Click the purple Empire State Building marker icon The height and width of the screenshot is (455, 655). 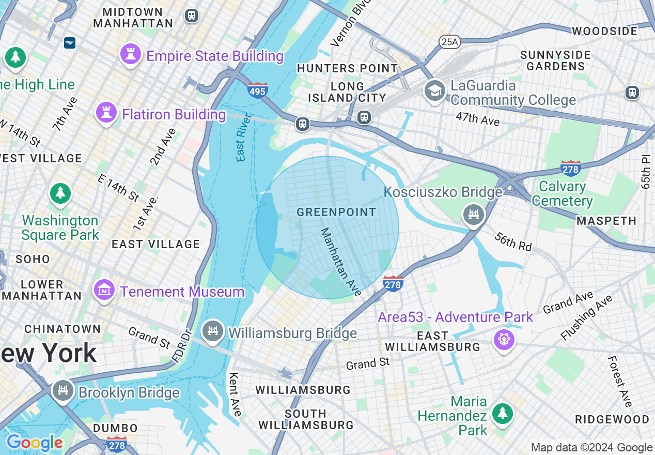pyautogui.click(x=130, y=54)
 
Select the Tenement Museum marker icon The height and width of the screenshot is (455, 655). pyautogui.click(x=104, y=290)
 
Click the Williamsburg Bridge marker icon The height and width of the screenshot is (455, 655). pyautogui.click(x=212, y=331)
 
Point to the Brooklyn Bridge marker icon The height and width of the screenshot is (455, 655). pyautogui.click(x=63, y=390)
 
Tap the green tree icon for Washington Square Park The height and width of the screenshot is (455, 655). pyautogui.click(x=61, y=193)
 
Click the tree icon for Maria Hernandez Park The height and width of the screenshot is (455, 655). pyautogui.click(x=502, y=413)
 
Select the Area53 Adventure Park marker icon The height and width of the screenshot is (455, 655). pyautogui.click(x=504, y=340)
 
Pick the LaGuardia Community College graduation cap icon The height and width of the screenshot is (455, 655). pyautogui.click(x=435, y=91)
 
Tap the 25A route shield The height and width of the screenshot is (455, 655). pyautogui.click(x=449, y=41)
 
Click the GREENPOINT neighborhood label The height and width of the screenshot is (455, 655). pyautogui.click(x=336, y=212)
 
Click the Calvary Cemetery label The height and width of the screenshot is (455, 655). pyautogui.click(x=562, y=193)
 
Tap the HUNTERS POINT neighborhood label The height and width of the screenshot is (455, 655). pyautogui.click(x=347, y=68)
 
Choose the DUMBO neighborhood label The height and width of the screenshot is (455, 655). pyautogui.click(x=115, y=428)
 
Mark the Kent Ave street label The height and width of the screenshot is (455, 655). pyautogui.click(x=235, y=394)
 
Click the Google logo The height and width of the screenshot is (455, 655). pyautogui.click(x=34, y=443)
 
